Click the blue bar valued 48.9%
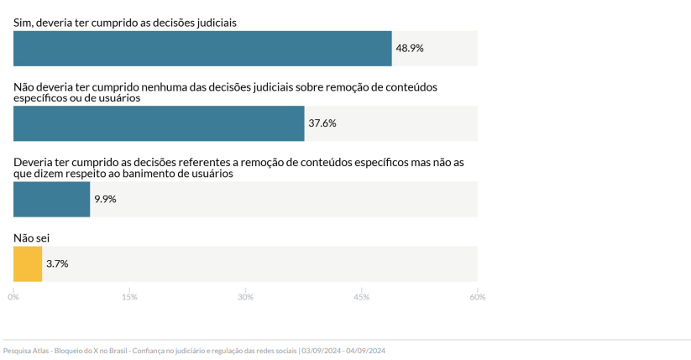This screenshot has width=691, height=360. click(202, 48)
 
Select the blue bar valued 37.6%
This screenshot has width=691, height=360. click(159, 123)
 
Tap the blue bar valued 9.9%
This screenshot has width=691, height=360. click(51, 199)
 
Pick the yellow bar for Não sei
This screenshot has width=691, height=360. click(28, 263)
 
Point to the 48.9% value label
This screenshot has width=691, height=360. click(410, 49)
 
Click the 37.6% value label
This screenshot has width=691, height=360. click(322, 123)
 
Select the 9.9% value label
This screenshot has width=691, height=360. click(105, 199)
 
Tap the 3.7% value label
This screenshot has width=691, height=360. click(57, 263)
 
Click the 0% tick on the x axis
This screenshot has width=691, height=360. click(13, 296)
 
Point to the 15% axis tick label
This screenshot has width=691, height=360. click(129, 296)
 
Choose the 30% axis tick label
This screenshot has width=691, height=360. click(245, 296)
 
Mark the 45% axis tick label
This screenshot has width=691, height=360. click(361, 296)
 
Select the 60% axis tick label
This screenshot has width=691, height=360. click(477, 296)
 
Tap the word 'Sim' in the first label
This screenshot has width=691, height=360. click(23, 23)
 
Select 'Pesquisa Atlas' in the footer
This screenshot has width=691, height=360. click(25, 351)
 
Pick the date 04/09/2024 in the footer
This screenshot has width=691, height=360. click(365, 351)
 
